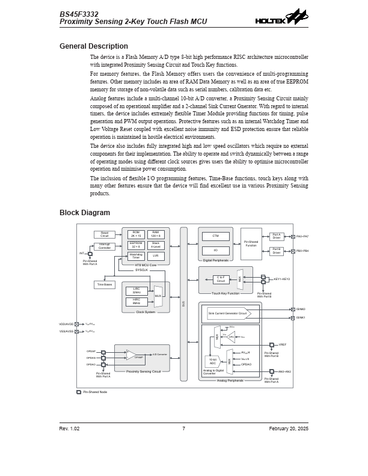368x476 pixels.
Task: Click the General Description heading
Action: click(x=93, y=46)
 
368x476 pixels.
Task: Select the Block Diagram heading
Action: click(x=85, y=213)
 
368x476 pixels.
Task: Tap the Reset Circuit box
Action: click(x=104, y=234)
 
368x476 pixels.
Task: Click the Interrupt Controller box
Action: click(x=105, y=246)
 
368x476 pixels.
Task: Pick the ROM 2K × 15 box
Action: click(x=136, y=234)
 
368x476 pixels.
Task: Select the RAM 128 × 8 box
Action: click(x=155, y=234)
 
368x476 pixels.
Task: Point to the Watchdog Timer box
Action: click(x=136, y=255)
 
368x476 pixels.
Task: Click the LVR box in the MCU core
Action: click(x=155, y=255)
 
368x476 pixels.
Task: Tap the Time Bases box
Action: click(x=104, y=285)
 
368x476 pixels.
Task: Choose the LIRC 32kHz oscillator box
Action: click(x=136, y=291)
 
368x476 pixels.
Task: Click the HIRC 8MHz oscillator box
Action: click(x=136, y=302)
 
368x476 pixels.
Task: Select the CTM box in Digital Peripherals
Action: click(x=215, y=236)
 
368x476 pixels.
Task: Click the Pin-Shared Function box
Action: click(x=251, y=243)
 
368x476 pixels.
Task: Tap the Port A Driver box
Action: click(x=277, y=236)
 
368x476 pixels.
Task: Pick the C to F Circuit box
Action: click(x=221, y=279)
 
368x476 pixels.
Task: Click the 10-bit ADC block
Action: click(x=212, y=361)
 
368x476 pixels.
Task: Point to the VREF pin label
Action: click(x=283, y=345)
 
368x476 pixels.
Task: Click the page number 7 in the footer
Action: click(x=183, y=429)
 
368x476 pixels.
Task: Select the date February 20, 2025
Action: click(x=289, y=429)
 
